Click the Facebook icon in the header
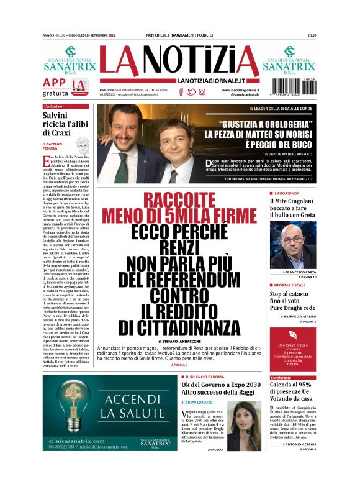[x=181, y=92]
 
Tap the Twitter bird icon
[x=192, y=92]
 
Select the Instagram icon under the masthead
[x=202, y=92]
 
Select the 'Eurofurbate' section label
[x=281, y=377]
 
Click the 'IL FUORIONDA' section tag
[x=287, y=194]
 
